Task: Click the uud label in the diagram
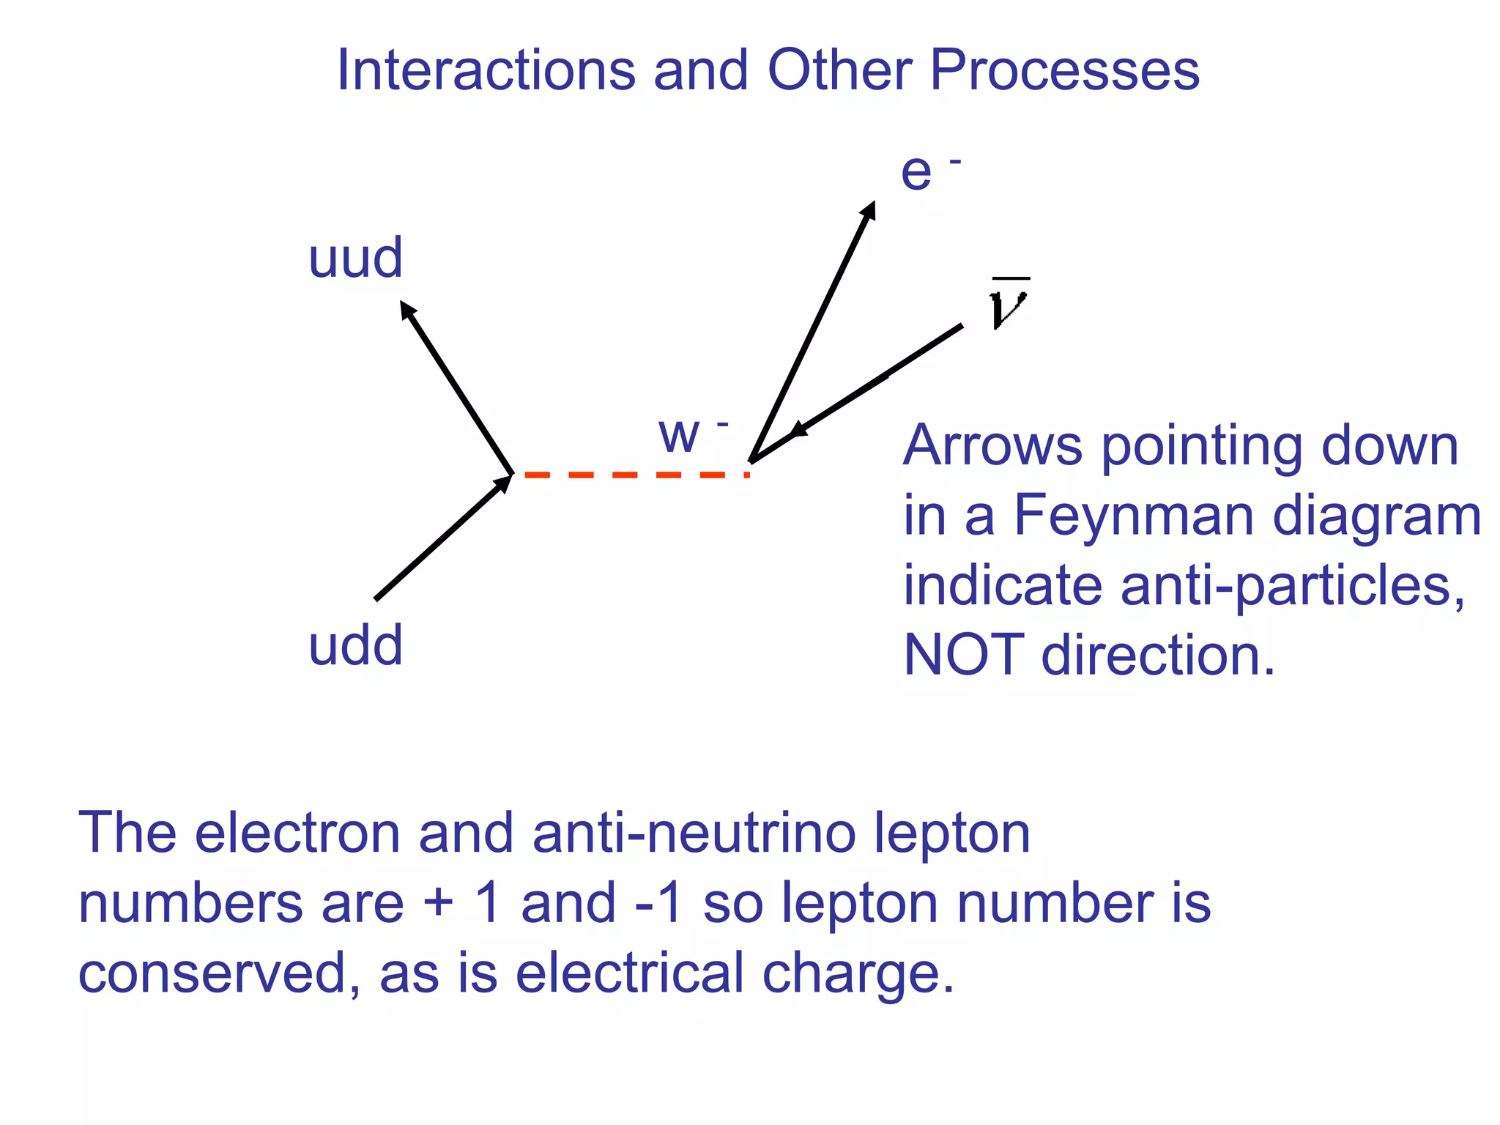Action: (355, 259)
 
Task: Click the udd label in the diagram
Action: (355, 646)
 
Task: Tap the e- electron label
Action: (927, 172)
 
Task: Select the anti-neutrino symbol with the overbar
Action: (1009, 304)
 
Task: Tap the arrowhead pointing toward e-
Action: (869, 210)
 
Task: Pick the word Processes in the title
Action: (1064, 71)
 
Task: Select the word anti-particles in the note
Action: (1293, 586)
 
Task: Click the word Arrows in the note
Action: (992, 446)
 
